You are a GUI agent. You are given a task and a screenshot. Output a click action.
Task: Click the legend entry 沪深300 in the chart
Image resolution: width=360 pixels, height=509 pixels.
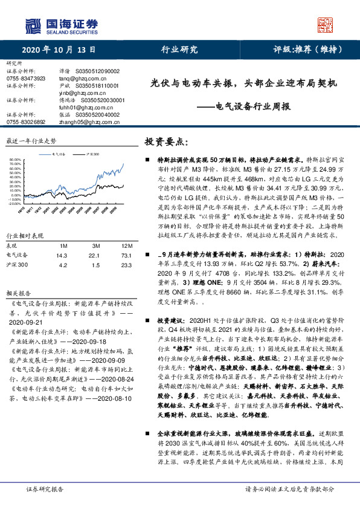(x=92, y=155)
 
